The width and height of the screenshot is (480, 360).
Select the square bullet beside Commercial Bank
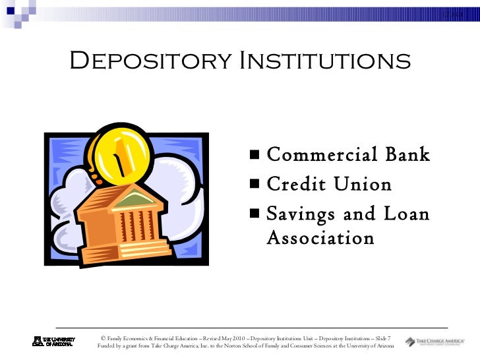coord(255,156)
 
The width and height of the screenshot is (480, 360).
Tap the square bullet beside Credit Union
coord(255,186)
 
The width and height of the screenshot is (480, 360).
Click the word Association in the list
coord(320,237)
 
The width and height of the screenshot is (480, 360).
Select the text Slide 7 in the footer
coord(380,338)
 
